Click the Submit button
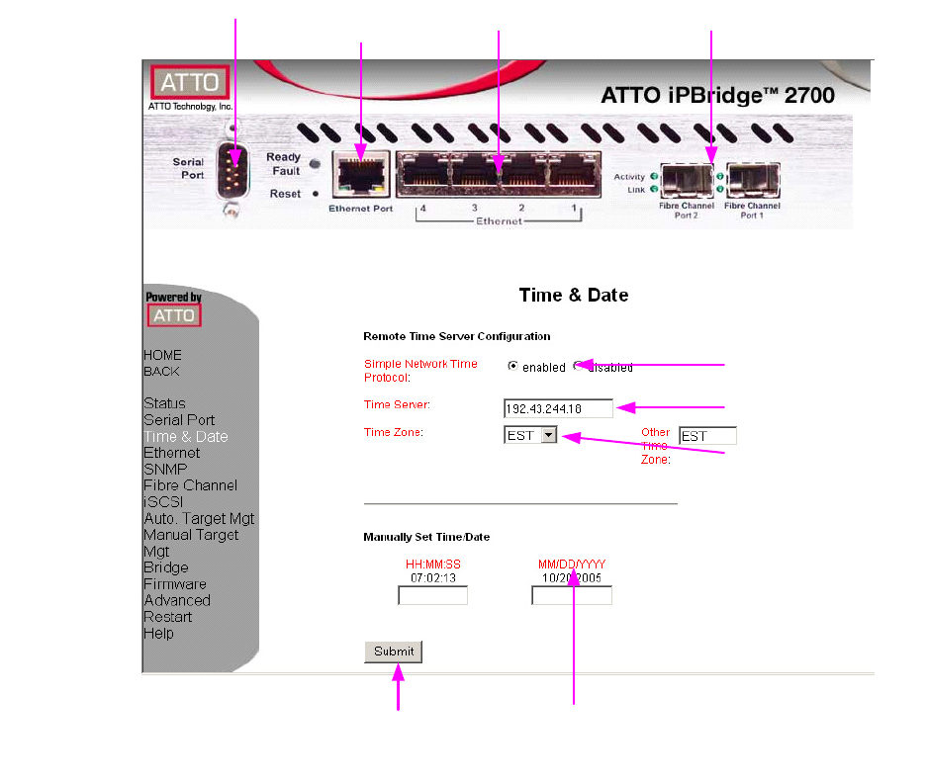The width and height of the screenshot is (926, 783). click(x=393, y=652)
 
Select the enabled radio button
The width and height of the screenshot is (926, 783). click(x=512, y=366)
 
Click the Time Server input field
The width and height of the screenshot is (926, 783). click(x=558, y=408)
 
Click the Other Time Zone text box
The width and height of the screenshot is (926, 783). click(x=707, y=436)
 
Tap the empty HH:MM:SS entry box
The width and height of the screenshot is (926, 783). click(x=432, y=595)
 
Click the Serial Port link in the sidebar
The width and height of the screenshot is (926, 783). click(x=179, y=420)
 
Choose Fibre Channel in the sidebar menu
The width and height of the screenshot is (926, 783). click(x=190, y=485)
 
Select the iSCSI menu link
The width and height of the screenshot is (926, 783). click(x=163, y=502)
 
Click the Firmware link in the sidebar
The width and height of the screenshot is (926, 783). click(x=175, y=584)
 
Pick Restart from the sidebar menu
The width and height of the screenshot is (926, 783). click(x=168, y=617)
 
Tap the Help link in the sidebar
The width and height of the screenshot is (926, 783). click(x=158, y=634)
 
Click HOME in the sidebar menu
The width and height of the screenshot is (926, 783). click(x=162, y=355)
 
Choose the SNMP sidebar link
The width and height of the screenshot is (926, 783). click(x=165, y=470)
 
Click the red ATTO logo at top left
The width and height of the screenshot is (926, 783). click(x=190, y=82)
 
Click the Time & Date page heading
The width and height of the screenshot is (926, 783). click(x=574, y=295)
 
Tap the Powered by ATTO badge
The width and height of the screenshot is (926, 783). click(x=174, y=309)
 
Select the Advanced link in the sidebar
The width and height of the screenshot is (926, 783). click(x=177, y=600)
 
